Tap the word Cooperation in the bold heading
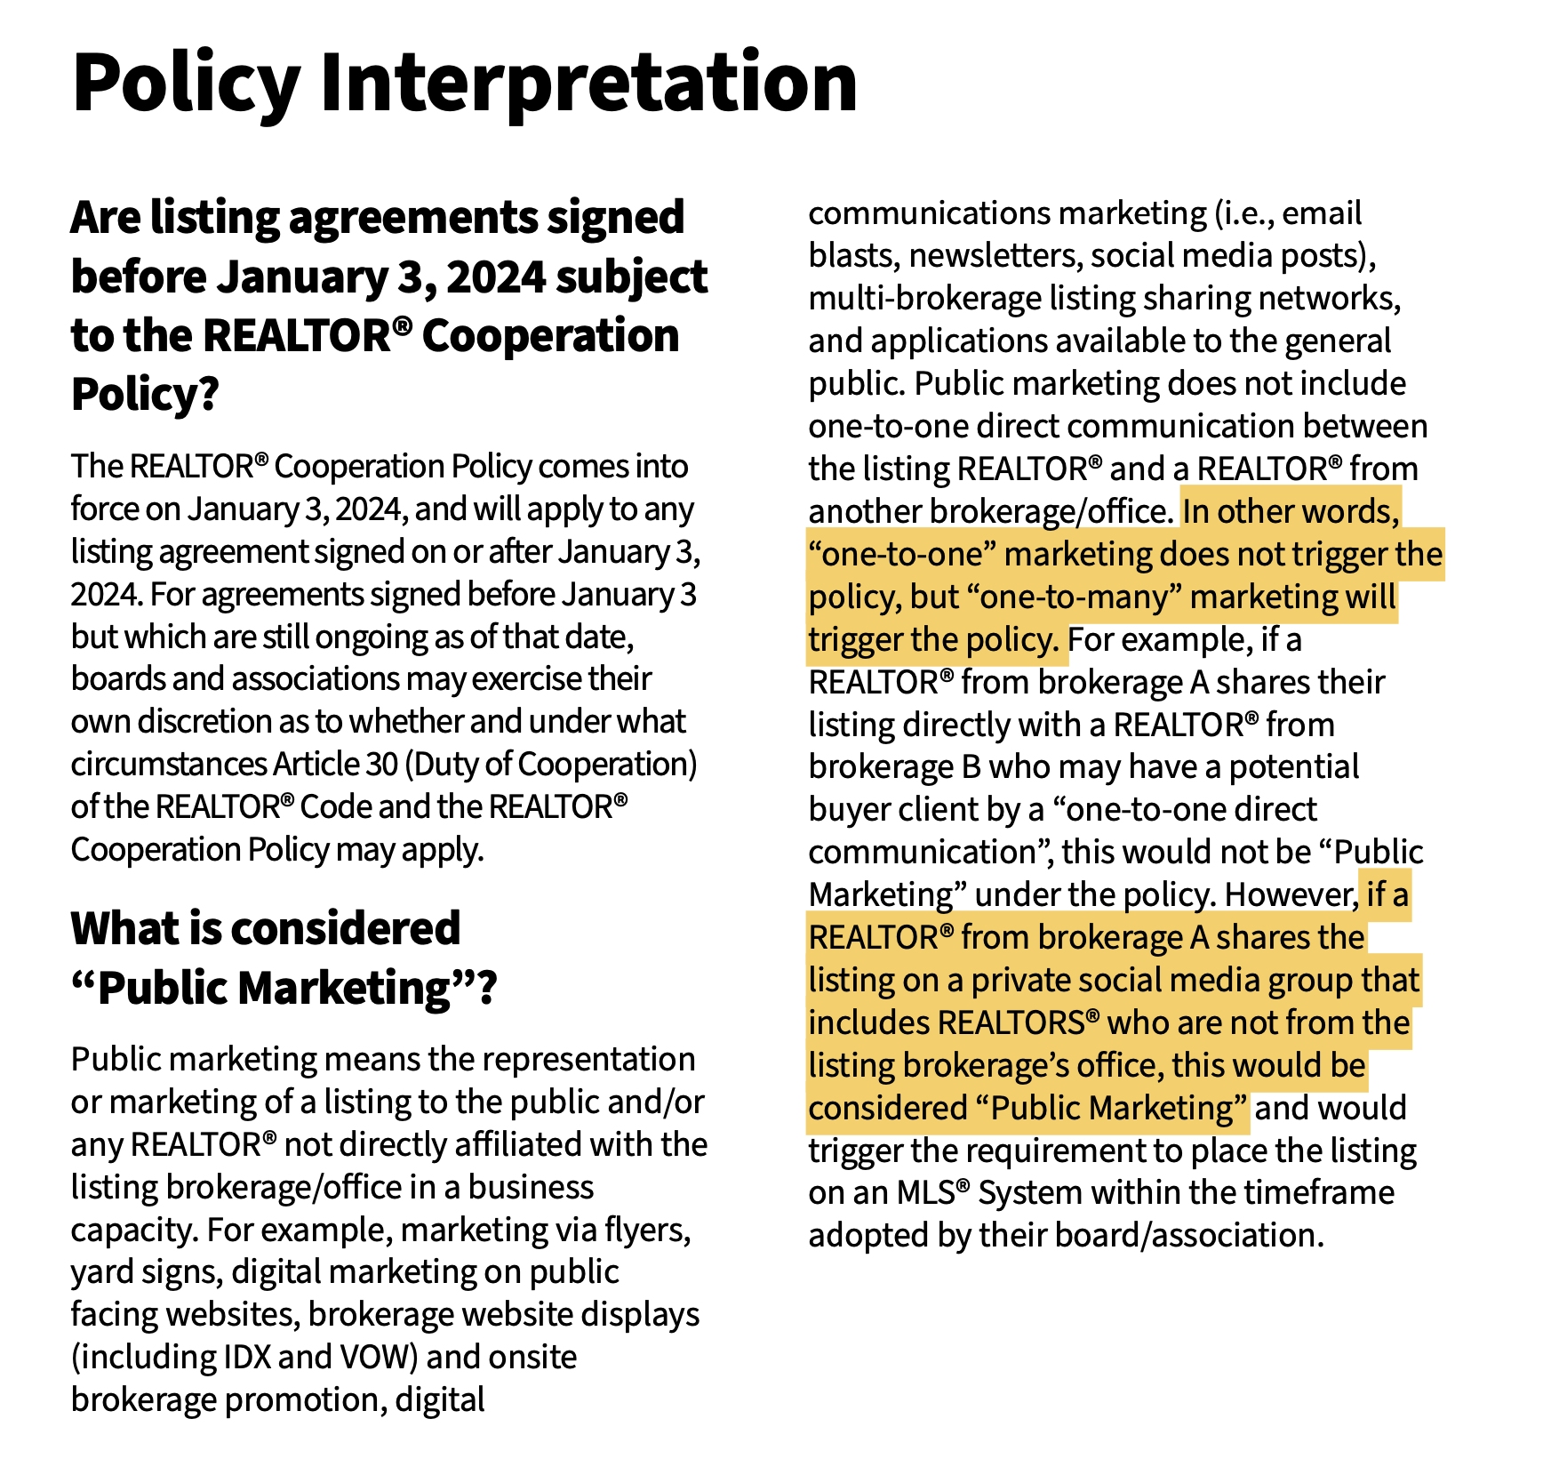click(x=550, y=336)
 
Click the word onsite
click(x=532, y=1358)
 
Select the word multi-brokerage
click(x=924, y=299)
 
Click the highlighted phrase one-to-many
click(x=1079, y=597)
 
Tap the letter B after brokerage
click(x=971, y=767)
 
